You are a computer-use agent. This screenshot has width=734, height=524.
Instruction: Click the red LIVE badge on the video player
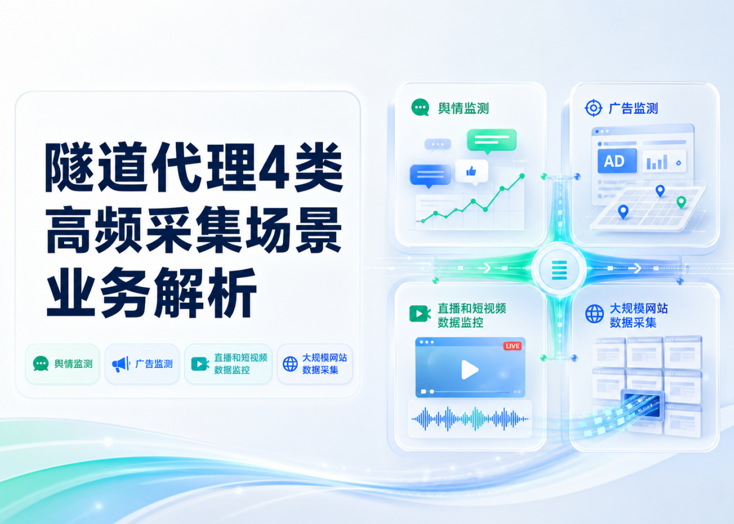click(512, 346)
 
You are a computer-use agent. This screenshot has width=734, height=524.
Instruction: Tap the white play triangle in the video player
click(469, 370)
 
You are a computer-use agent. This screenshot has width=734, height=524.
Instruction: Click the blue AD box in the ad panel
click(617, 160)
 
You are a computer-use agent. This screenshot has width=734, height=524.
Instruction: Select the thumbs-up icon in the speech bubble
click(471, 171)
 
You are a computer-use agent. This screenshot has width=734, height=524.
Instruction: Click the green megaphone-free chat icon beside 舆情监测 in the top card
click(420, 107)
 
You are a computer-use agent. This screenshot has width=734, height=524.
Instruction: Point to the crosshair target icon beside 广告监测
click(593, 108)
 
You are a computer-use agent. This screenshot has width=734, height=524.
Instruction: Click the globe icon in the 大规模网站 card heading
click(594, 313)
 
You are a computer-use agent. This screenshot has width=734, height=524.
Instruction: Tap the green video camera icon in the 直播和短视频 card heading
click(420, 313)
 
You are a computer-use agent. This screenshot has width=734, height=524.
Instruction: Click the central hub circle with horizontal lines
click(559, 270)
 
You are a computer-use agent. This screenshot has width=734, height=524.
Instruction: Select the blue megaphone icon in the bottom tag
click(121, 364)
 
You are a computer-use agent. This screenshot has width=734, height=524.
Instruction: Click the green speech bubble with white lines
click(491, 141)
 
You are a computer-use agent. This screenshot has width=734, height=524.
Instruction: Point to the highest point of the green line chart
click(522, 176)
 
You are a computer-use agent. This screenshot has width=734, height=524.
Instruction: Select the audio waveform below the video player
click(470, 419)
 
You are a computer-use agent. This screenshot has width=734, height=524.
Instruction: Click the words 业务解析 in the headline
click(151, 292)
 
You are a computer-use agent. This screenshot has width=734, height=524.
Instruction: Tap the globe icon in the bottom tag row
click(290, 364)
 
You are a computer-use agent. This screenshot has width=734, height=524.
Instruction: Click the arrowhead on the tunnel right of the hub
click(637, 268)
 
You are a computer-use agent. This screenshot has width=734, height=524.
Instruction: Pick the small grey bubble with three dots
click(437, 145)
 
